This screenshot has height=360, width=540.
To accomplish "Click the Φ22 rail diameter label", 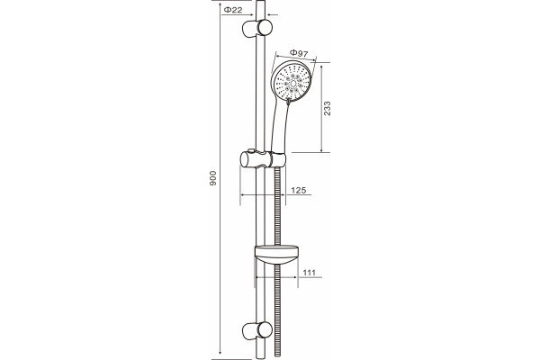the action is pos(233,10).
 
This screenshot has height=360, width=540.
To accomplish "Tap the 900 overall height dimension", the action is pos(213,178).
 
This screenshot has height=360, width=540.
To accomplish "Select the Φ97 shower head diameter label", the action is pos(298,53).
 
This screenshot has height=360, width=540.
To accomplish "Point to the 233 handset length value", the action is pos(328,108).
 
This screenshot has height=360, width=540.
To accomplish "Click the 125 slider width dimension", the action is pos(298,190).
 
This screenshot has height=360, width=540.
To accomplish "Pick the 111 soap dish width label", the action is pos(310,273).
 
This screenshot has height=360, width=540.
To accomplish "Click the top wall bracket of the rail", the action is pos(257,28).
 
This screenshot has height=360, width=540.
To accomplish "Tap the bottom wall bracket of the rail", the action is pos(257,330).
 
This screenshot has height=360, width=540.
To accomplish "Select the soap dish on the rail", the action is pos(276,254).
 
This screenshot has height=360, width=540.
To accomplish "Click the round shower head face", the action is pos(292,82).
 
